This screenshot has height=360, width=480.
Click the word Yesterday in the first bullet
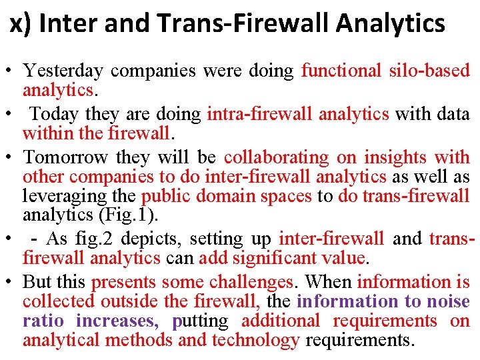63,71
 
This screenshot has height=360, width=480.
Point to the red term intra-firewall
259,115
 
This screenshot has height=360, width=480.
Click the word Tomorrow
65,158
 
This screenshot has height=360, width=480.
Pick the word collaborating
277,158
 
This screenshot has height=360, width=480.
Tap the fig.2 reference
121,239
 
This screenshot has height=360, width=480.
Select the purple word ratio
43,321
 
